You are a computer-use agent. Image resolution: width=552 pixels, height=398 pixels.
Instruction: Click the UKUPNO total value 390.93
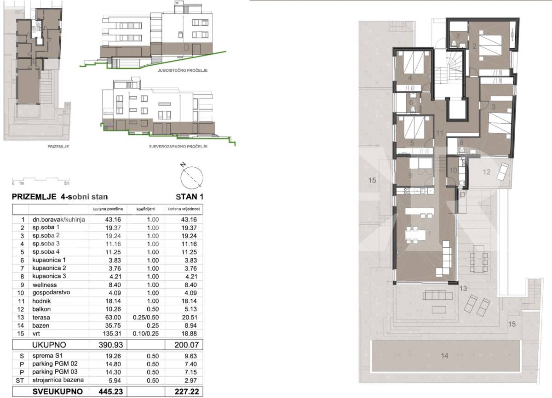(x=111, y=345)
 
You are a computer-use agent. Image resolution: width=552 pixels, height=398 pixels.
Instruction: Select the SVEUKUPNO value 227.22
(x=187, y=392)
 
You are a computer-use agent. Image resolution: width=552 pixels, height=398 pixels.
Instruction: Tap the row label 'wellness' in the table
(x=45, y=285)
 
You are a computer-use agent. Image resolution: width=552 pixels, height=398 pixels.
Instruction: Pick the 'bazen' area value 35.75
(x=113, y=325)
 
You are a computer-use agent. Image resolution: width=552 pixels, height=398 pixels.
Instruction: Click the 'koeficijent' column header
(x=146, y=209)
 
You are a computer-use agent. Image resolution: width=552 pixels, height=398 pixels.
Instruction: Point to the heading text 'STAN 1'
(x=190, y=197)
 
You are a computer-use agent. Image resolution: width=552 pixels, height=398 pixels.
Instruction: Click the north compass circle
(x=192, y=178)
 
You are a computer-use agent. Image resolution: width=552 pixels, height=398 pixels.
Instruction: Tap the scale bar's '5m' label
(x=67, y=183)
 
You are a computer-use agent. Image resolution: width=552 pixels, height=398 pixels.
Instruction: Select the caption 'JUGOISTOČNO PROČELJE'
(x=183, y=70)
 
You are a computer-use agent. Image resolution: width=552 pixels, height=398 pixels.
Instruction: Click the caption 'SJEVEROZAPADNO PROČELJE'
(x=178, y=147)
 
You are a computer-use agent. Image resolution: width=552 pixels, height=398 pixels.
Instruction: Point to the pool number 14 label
(x=444, y=356)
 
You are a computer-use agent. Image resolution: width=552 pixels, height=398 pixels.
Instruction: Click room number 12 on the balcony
(x=487, y=172)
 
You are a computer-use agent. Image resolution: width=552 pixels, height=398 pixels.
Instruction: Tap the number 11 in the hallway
(x=440, y=133)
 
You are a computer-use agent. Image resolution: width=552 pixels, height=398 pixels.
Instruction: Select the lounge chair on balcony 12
(x=502, y=172)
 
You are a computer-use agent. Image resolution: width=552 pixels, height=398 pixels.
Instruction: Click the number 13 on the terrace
(x=463, y=288)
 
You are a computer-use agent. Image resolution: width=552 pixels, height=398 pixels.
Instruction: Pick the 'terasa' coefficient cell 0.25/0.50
(x=146, y=317)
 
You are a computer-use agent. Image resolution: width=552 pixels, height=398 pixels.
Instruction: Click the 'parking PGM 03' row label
(x=55, y=372)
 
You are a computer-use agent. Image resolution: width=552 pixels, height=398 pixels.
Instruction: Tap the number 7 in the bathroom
(x=458, y=36)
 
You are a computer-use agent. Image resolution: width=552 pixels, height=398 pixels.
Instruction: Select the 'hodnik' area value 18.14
(x=113, y=301)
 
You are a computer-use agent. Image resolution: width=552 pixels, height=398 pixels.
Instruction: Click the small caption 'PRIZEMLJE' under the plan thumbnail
(x=58, y=147)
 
